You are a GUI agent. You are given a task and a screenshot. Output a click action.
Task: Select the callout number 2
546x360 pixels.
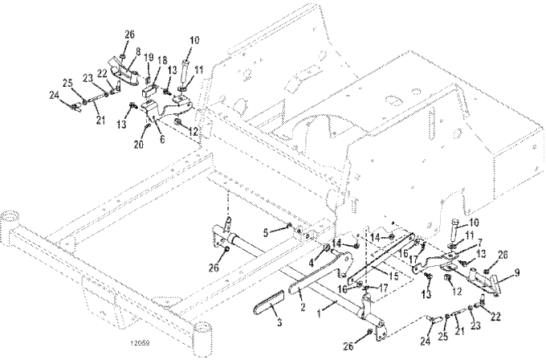[x=302, y=306]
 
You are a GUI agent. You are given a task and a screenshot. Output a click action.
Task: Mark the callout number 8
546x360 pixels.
[x=137, y=52]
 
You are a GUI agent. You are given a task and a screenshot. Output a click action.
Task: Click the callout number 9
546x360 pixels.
[x=517, y=272]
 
